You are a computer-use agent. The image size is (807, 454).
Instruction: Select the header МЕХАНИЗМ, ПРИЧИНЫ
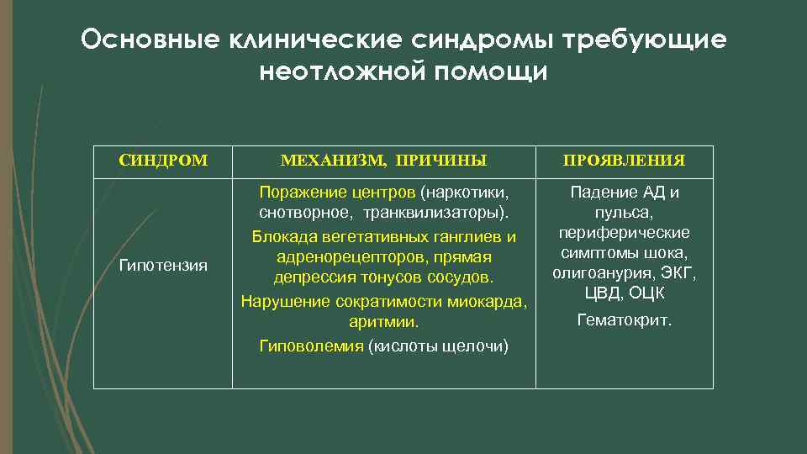tap(383, 160)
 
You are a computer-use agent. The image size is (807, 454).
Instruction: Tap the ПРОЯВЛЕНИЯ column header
tap(624, 160)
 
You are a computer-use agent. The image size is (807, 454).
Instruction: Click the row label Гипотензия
tap(163, 266)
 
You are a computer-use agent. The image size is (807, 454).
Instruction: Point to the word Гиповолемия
tap(311, 346)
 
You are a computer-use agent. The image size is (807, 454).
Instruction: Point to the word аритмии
tap(383, 322)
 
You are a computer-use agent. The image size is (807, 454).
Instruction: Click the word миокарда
tap(492, 301)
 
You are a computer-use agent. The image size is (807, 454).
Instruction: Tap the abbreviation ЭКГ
tap(677, 273)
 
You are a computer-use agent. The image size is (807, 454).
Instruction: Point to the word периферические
tap(624, 232)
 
